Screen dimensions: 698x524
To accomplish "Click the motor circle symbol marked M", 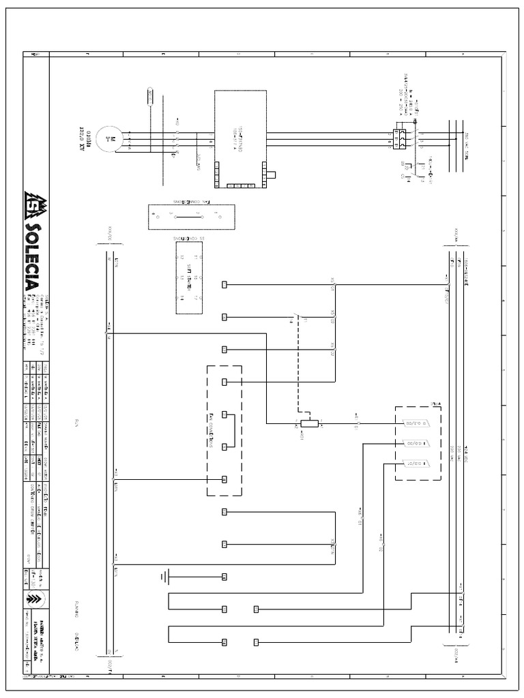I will [106, 139].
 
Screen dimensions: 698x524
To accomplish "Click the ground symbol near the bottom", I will [164, 577].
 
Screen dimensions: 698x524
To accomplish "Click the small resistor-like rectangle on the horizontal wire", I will [310, 423].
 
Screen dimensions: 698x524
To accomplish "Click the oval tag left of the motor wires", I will [151, 95].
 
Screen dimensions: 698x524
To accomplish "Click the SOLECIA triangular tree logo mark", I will [33, 202].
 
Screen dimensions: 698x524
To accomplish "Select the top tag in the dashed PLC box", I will [416, 423].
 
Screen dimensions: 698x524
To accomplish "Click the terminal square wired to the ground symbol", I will [224, 577].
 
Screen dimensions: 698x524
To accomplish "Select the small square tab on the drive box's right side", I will [271, 174].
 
